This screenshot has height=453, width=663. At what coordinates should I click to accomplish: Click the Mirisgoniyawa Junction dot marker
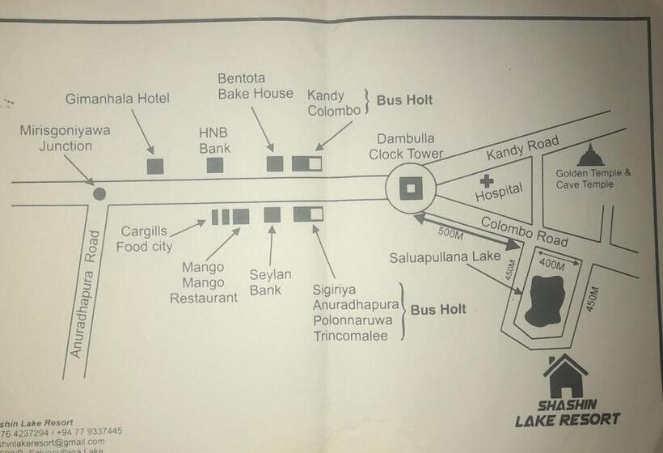pyautogui.click(x=99, y=193)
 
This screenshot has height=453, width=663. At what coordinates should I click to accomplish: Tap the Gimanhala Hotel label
pyautogui.click(x=117, y=99)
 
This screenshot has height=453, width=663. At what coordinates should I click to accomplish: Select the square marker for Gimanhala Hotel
pyautogui.click(x=154, y=166)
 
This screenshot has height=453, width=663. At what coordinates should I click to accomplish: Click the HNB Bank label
pyautogui.click(x=214, y=140)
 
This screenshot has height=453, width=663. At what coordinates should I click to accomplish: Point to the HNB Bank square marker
pyautogui.click(x=214, y=165)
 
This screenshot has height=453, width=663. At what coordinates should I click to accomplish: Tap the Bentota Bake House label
pyautogui.click(x=255, y=86)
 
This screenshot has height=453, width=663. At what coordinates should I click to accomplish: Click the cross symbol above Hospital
pyautogui.click(x=486, y=181)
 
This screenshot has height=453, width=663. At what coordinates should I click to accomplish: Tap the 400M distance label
pyautogui.click(x=552, y=265)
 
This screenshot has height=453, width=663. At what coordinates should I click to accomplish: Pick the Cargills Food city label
pyautogui.click(x=144, y=239)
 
